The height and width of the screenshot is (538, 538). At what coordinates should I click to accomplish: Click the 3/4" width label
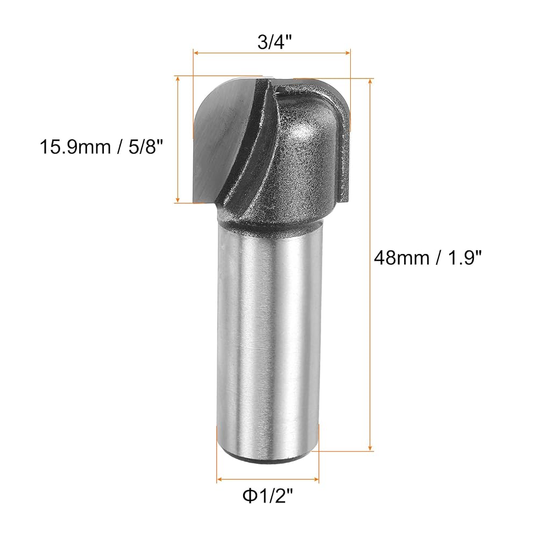[274, 42]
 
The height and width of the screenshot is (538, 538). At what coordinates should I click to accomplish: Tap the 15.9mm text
[75, 147]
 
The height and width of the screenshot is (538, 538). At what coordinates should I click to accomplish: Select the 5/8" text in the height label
[144, 147]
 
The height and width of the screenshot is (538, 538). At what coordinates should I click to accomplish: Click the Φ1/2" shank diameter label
[268, 496]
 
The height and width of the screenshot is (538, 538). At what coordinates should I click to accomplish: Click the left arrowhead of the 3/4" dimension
[196, 53]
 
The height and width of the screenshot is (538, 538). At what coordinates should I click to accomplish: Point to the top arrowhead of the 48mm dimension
[370, 81]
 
